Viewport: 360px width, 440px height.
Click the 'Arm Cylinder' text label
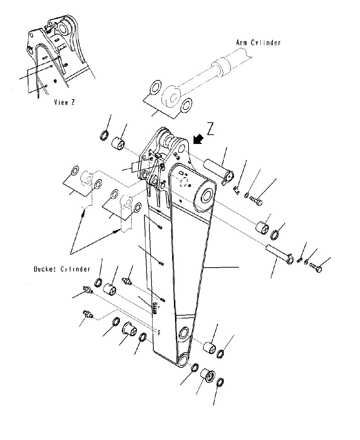click(x=258, y=43)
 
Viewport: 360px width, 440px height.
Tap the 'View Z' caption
click(x=64, y=102)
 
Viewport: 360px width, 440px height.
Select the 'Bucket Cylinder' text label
click(x=62, y=269)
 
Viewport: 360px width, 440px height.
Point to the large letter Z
click(x=211, y=130)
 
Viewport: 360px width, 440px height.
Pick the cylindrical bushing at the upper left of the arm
click(x=120, y=144)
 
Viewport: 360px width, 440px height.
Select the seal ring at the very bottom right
click(x=220, y=382)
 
